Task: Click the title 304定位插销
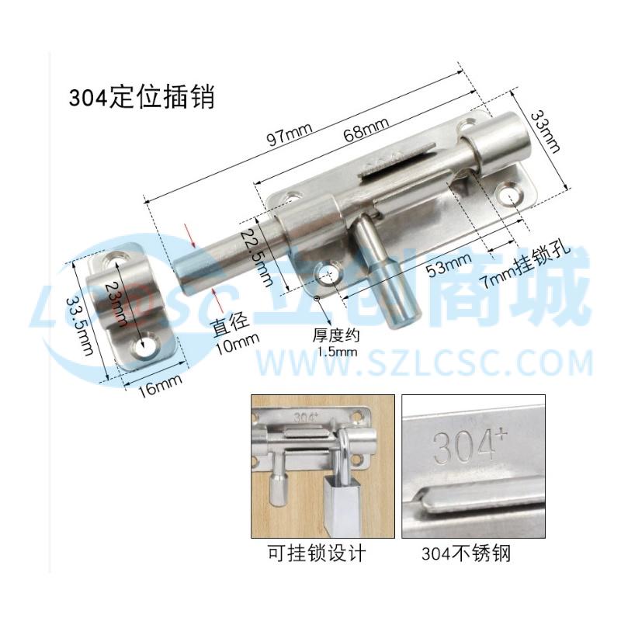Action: [x=142, y=98]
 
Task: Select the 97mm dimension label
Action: [x=290, y=134]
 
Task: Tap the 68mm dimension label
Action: [x=366, y=128]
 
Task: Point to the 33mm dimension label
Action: [x=546, y=131]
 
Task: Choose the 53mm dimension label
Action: [x=449, y=265]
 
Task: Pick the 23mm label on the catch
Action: [x=116, y=303]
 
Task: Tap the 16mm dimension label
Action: [x=160, y=385]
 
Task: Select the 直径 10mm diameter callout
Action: [x=235, y=333]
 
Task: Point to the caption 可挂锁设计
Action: [x=317, y=553]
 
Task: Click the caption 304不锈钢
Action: [x=467, y=553]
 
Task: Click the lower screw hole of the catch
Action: [x=144, y=347]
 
